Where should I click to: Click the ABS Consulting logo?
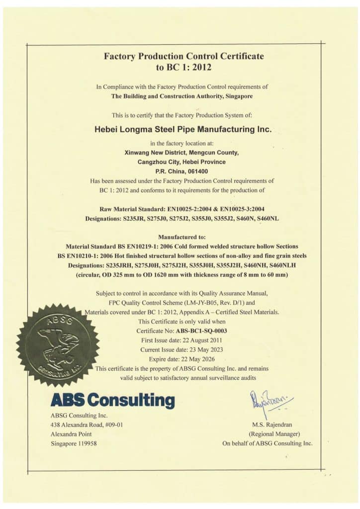112,400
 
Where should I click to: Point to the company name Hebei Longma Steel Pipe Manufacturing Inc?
183,129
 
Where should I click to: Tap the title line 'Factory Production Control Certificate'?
183,56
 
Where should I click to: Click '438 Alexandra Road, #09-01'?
87,425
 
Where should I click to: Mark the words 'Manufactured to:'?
183,237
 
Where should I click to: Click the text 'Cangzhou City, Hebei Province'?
181,162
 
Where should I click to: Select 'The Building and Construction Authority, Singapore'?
182,96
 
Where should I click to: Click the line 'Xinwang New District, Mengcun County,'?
181,153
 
